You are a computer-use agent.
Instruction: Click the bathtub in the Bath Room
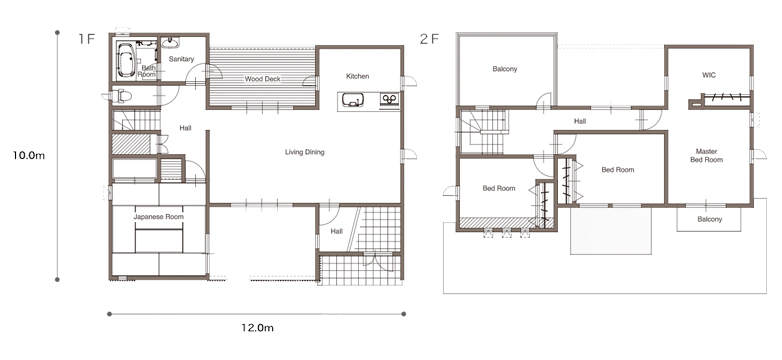(x=126, y=59)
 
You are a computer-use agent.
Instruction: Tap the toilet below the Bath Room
(x=122, y=96)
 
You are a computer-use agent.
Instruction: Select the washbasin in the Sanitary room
(x=171, y=42)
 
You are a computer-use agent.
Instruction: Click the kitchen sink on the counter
(x=352, y=101)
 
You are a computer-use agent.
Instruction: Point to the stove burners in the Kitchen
(x=390, y=99)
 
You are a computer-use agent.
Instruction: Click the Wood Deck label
(x=262, y=79)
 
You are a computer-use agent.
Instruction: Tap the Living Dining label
(x=305, y=152)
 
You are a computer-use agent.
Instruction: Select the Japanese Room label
(x=159, y=217)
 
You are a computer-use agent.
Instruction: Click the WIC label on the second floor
(x=709, y=75)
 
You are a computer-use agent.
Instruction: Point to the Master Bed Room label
(x=707, y=156)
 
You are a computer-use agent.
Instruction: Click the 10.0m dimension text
(x=29, y=156)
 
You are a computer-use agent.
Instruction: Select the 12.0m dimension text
(x=257, y=328)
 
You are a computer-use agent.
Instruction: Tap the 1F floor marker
(x=86, y=39)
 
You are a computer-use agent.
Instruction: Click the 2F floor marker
(x=431, y=39)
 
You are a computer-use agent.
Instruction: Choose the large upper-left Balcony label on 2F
(x=505, y=69)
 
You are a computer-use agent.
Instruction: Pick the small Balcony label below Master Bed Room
(x=710, y=219)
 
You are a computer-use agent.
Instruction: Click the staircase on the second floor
(x=483, y=132)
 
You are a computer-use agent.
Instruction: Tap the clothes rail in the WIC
(x=726, y=97)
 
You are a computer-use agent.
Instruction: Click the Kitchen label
(x=358, y=76)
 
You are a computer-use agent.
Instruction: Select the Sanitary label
(x=181, y=59)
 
